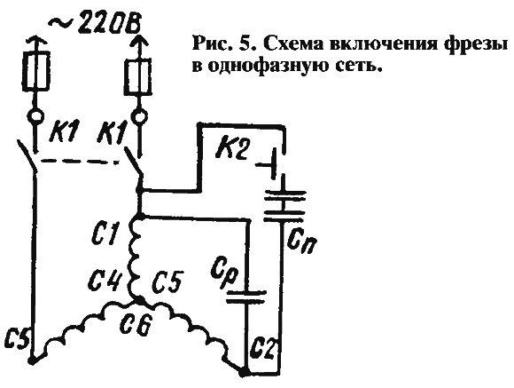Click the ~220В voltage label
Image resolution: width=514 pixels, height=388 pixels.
click(95, 24)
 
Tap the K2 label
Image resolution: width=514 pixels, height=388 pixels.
click(231, 148)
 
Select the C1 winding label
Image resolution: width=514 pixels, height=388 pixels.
click(104, 234)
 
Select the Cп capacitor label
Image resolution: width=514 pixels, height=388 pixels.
click(301, 242)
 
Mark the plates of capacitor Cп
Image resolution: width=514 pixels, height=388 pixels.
click(284, 205)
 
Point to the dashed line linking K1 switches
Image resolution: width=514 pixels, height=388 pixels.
click(80, 162)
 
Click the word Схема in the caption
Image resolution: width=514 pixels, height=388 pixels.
click(292, 44)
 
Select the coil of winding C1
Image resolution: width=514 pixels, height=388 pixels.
click(135, 257)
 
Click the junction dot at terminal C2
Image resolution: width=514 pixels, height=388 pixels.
click(243, 373)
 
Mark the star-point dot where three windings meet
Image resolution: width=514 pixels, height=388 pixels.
click(139, 299)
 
